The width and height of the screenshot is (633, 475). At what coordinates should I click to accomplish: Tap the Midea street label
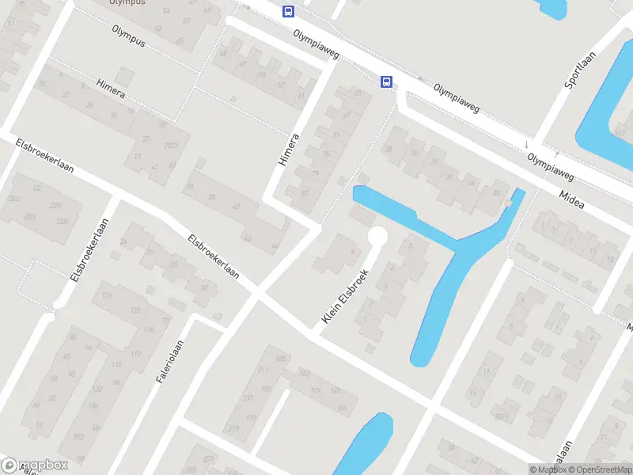pos(571,199)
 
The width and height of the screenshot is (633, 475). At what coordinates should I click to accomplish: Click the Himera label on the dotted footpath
pos(111,90)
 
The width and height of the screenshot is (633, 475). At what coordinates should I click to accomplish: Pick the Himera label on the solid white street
pos(289,150)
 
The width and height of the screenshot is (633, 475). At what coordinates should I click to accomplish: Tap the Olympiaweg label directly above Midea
pos(551,165)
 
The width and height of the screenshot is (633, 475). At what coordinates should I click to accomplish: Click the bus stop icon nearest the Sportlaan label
pos(387,81)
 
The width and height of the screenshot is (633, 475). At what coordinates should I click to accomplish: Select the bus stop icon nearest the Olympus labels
pos(288,11)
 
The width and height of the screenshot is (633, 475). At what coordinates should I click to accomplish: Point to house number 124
pos(107,296)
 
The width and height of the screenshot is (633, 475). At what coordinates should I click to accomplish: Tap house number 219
pos(233,428)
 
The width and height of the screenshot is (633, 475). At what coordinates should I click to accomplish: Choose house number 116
pos(147,329)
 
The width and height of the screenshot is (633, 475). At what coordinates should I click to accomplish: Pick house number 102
pos(78,437)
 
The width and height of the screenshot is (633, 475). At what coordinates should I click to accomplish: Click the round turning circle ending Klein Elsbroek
pos(377,236)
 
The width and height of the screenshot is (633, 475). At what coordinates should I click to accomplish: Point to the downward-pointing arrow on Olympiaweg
pos(527,144)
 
